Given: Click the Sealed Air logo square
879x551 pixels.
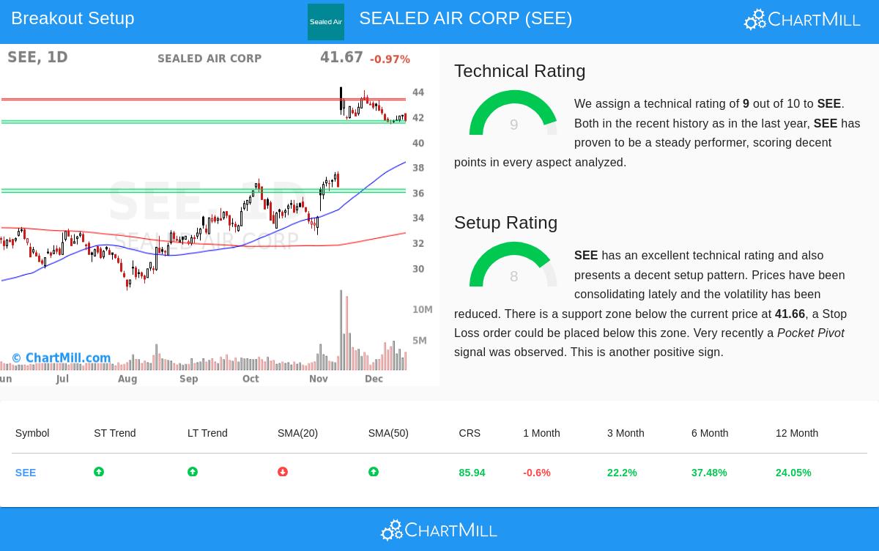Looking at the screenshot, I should click(x=326, y=22).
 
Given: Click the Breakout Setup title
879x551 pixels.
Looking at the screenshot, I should click(x=73, y=18).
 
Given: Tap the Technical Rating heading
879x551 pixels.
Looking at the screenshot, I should click(x=519, y=71).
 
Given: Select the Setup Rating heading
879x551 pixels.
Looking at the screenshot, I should click(x=505, y=223).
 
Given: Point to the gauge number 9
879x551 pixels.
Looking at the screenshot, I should click(x=513, y=125).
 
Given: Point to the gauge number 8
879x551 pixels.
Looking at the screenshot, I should click(x=513, y=276).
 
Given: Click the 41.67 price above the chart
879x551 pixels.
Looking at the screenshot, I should click(x=341, y=58).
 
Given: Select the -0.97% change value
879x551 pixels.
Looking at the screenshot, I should click(x=390, y=59).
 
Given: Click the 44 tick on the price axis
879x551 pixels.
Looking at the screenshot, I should click(x=418, y=92).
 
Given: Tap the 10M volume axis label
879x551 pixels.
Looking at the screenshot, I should click(x=422, y=310).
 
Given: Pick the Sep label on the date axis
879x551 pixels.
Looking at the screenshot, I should click(x=188, y=379).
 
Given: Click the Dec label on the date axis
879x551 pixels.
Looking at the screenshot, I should click(x=374, y=379).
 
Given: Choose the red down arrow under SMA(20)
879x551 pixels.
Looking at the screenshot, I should click(x=283, y=473).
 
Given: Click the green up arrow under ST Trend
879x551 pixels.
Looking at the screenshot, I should click(x=99, y=473).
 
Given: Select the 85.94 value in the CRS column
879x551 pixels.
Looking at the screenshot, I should click(x=472, y=473).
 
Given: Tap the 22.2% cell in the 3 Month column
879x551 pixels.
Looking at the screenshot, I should click(x=622, y=473).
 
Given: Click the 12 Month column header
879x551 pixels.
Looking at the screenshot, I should click(x=796, y=433).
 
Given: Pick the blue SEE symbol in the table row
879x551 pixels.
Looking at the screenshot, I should click(x=26, y=473).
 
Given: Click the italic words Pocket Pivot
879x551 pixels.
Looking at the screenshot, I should click(x=810, y=333).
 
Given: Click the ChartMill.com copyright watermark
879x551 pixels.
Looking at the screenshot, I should click(x=62, y=358).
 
